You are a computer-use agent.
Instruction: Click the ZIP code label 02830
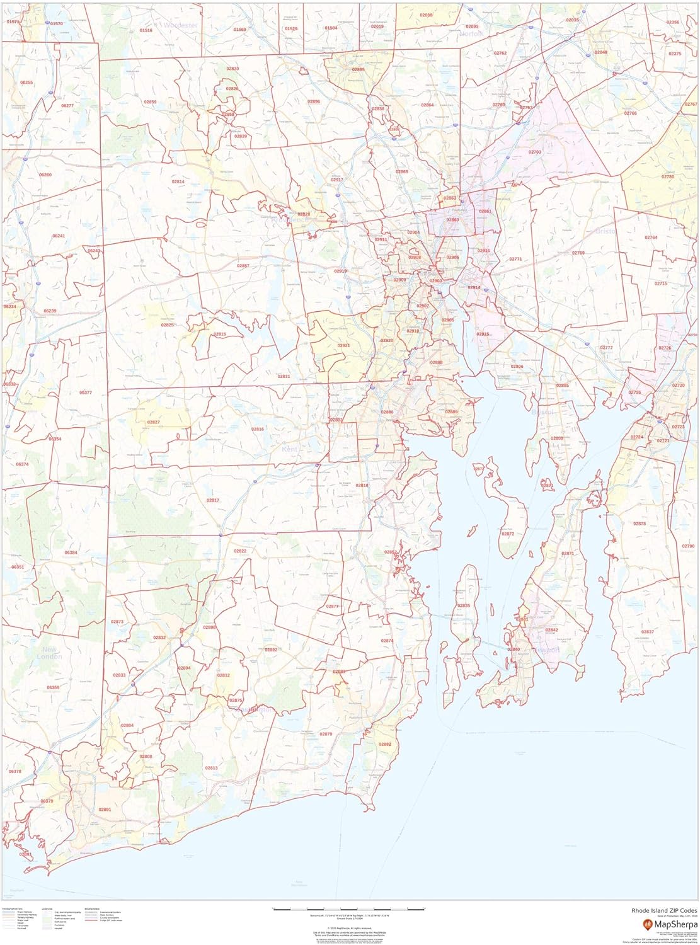coord(232,69)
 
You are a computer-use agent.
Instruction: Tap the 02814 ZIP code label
coord(178,181)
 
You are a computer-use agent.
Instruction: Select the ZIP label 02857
coord(243,266)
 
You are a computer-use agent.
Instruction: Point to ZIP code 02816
coord(258,429)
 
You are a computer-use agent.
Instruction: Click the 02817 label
coord(213,500)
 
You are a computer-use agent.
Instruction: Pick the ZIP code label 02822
coord(240,551)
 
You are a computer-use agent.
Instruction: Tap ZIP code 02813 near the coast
coord(211,768)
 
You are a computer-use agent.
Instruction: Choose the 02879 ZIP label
coord(326,734)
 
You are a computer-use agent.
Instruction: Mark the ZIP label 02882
coord(385,744)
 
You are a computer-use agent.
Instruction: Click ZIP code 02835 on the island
coord(464,605)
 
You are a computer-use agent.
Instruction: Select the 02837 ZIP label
coord(648,632)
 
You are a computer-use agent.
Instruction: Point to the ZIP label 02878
coord(640,524)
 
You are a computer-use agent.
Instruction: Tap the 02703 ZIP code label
coord(535,152)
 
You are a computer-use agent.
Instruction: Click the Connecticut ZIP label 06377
coord(86,392)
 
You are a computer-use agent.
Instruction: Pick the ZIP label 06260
coord(45,175)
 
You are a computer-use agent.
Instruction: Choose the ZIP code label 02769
coord(578,253)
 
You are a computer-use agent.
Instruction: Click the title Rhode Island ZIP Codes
coord(659,910)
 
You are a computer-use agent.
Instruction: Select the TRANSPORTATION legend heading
coord(13,909)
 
